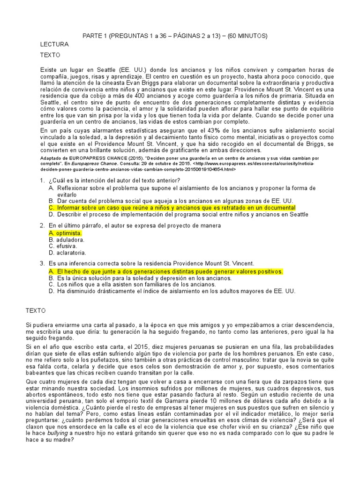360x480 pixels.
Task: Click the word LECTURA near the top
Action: [54, 45]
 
